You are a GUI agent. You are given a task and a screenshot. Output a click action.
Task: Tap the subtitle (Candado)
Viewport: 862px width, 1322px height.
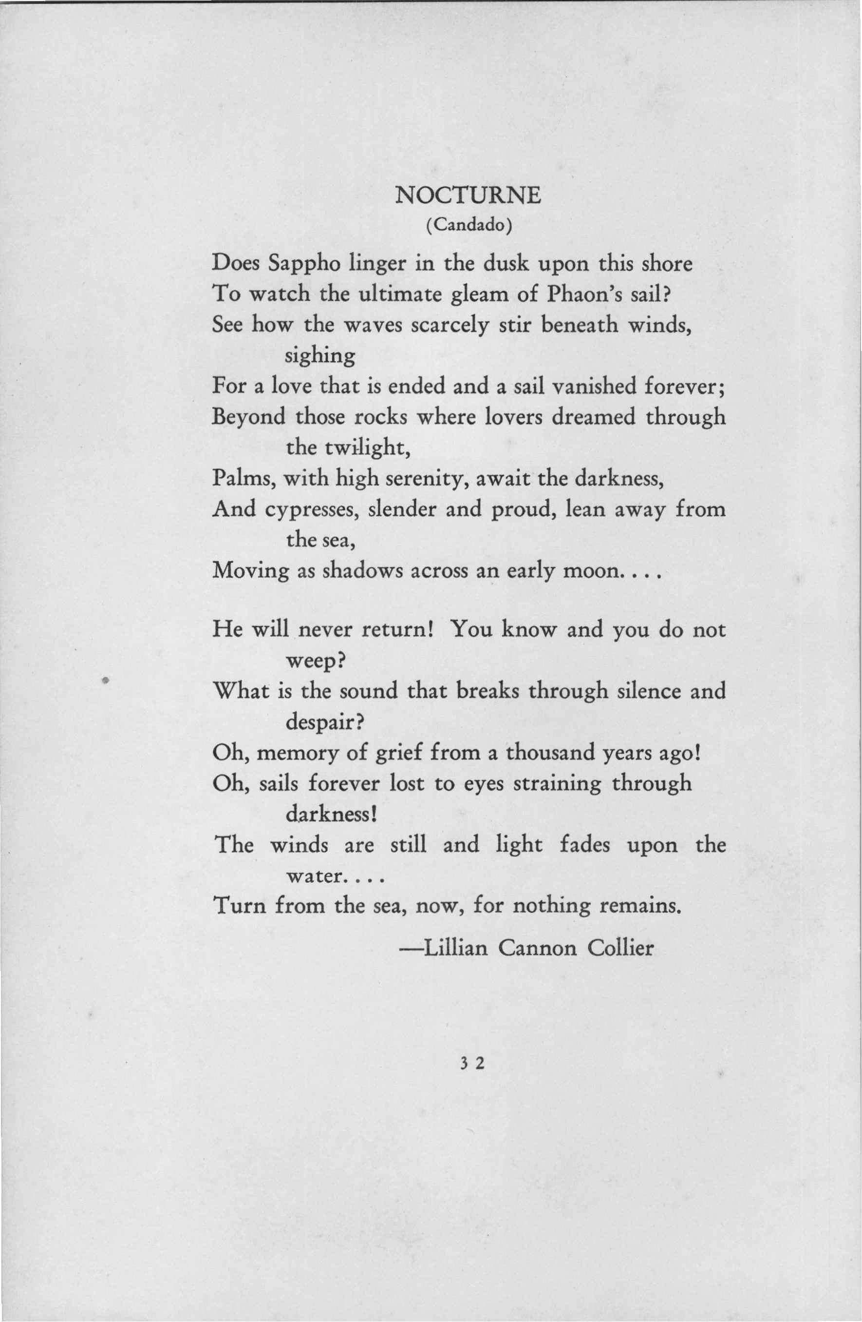tap(468, 226)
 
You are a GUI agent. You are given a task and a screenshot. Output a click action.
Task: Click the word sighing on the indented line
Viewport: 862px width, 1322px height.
tap(319, 355)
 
